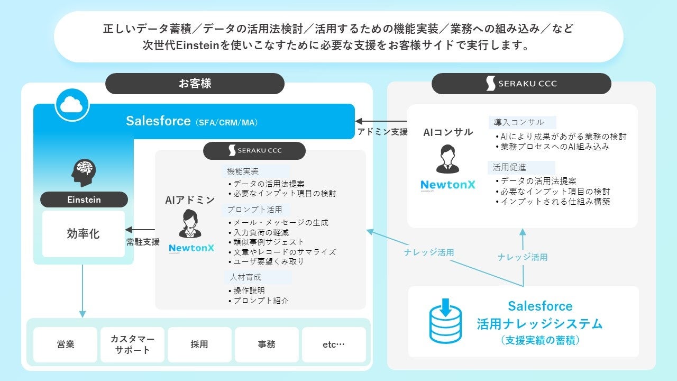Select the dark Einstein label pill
click(84, 199)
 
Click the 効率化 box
click(84, 233)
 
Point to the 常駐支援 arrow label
click(143, 242)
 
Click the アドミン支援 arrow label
click(382, 132)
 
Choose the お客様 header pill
click(195, 84)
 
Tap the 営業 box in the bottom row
click(66, 344)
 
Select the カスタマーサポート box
click(133, 344)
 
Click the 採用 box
click(199, 344)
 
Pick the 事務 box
click(267, 344)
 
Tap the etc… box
click(334, 344)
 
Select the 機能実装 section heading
click(243, 171)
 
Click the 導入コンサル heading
click(518, 122)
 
